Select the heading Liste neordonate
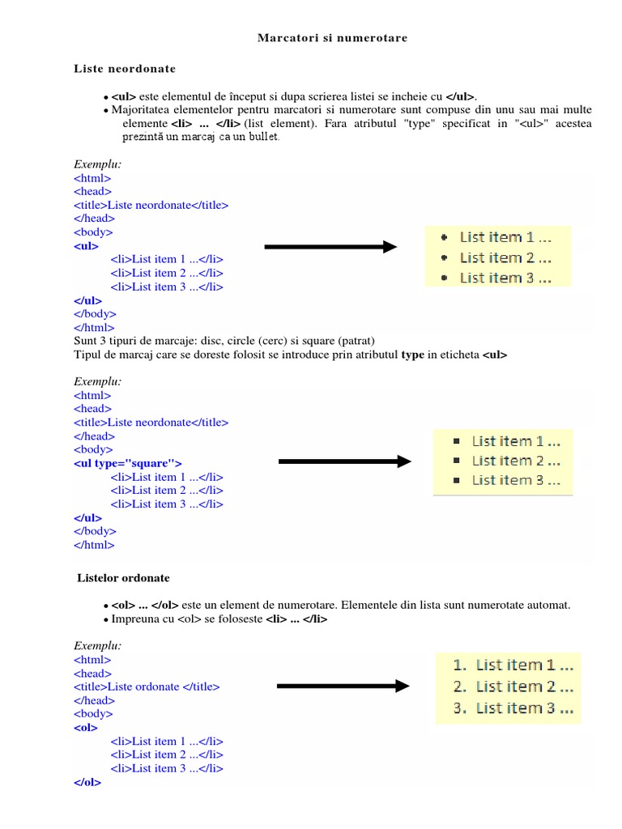(x=125, y=69)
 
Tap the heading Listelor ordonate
(x=123, y=578)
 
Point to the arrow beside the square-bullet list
(x=345, y=461)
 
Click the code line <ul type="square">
(x=128, y=463)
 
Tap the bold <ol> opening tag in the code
(x=85, y=728)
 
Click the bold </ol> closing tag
(x=87, y=783)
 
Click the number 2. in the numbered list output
(x=460, y=687)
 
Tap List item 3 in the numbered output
(x=525, y=708)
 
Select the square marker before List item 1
(x=456, y=441)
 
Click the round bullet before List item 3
(x=444, y=278)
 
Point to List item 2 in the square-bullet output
(x=516, y=461)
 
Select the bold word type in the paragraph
(x=413, y=355)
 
